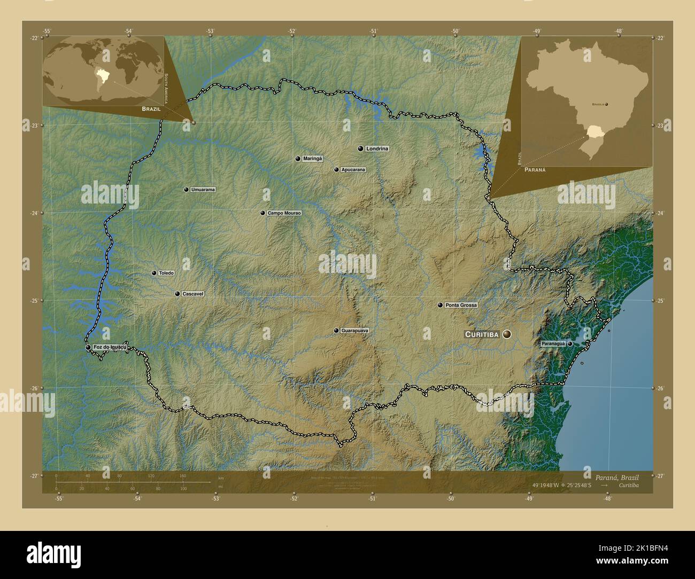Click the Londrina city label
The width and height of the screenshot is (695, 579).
click(377, 148)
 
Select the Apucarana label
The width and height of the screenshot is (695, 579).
click(353, 170)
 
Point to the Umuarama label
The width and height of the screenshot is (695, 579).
click(203, 190)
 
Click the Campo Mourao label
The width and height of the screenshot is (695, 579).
click(284, 213)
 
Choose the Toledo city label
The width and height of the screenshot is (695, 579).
click(166, 273)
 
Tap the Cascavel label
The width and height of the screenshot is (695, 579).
click(193, 294)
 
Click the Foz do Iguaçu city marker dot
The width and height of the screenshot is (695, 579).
click(88, 348)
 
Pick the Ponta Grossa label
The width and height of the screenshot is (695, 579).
click(460, 305)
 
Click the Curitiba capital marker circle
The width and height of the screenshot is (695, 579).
click(506, 334)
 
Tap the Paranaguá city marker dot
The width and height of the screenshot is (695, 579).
click(570, 344)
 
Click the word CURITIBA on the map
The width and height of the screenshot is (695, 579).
click(482, 334)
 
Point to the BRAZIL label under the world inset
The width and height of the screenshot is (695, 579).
click(151, 108)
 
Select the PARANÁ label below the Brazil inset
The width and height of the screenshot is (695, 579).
click(535, 169)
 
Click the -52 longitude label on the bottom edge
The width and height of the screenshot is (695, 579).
click(294, 499)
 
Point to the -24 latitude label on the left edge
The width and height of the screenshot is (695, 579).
click(34, 213)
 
